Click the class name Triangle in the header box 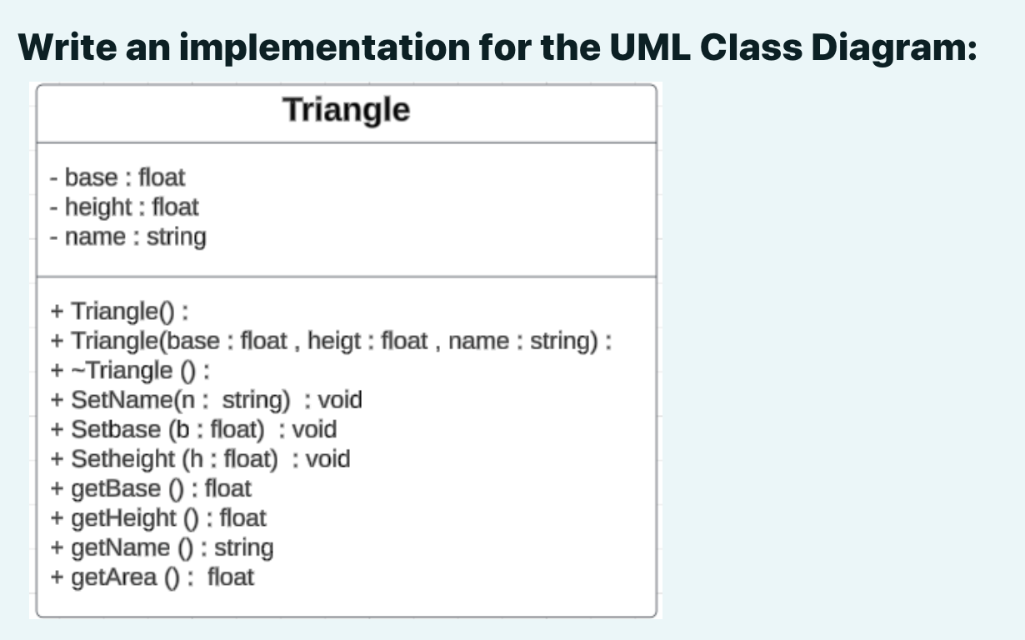tap(347, 111)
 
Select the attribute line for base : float tap(117, 177)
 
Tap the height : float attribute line tap(124, 207)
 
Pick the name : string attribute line tap(128, 237)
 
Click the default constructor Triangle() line tap(119, 312)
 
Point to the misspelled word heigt tap(334, 342)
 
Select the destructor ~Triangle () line tap(130, 371)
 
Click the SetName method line tap(207, 400)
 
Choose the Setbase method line tap(193, 429)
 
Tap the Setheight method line tap(201, 459)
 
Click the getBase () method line tap(151, 488)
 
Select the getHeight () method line tap(158, 518)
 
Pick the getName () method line tap(162, 548)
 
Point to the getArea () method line tap(152, 577)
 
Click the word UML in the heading tap(650, 47)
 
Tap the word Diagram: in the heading tap(894, 48)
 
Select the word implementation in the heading tap(325, 48)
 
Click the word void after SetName tap(340, 400)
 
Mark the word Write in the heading tap(67, 47)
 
